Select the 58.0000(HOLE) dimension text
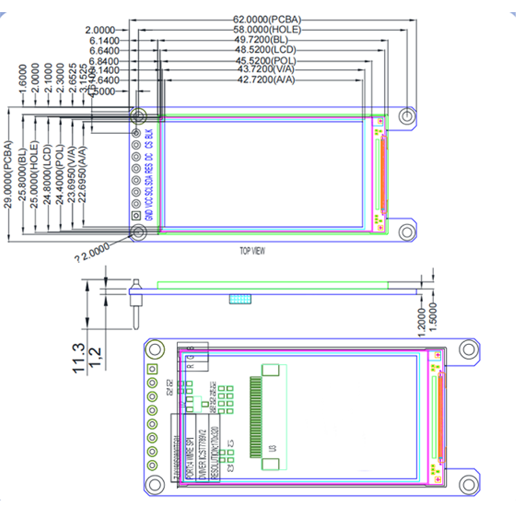267,30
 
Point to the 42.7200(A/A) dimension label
266,80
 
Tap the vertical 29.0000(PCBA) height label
8,174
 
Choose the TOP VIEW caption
253,251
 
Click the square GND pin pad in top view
137,217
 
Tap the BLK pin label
150,134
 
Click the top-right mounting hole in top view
406,115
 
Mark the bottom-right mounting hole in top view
406,232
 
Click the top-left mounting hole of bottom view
154,350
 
